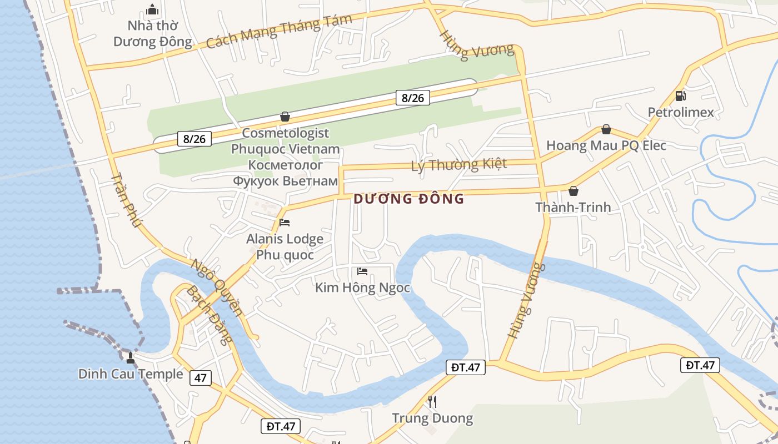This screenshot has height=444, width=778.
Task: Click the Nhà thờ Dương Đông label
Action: click(x=152, y=33)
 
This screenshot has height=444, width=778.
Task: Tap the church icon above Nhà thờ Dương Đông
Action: click(x=152, y=9)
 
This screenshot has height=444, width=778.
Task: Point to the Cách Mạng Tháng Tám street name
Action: click(x=279, y=32)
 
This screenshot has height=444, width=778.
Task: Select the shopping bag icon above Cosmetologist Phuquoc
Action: click(x=285, y=117)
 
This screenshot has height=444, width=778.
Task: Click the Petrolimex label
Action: click(x=681, y=113)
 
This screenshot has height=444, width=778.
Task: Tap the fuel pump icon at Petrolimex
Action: click(x=680, y=96)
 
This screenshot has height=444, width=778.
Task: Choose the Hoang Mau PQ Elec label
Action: click(x=606, y=145)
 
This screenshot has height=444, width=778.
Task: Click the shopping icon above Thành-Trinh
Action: click(x=573, y=191)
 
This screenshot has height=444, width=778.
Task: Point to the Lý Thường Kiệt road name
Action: click(x=459, y=164)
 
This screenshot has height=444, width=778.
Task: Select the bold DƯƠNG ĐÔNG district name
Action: click(x=408, y=199)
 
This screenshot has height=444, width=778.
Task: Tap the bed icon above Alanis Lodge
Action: click(x=285, y=223)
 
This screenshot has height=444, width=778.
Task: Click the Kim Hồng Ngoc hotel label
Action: click(x=362, y=287)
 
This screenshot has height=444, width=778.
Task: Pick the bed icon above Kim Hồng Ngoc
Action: click(x=362, y=271)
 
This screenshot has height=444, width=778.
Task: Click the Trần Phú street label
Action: click(x=127, y=200)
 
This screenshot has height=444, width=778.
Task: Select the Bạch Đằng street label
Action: click(x=206, y=315)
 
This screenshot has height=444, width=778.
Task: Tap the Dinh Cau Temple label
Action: click(x=131, y=374)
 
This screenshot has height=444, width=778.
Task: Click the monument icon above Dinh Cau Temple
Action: click(x=131, y=357)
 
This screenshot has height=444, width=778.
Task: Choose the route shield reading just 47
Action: click(x=200, y=379)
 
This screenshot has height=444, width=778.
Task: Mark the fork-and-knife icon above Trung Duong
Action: click(x=432, y=401)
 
